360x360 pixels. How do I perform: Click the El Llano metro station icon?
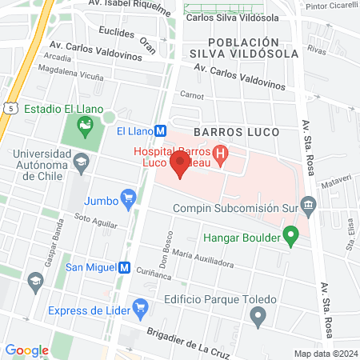(x=161, y=131)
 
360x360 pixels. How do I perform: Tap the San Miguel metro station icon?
(x=124, y=268)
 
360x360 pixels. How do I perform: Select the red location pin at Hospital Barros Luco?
(x=180, y=166)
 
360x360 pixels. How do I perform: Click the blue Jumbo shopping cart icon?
(x=127, y=197)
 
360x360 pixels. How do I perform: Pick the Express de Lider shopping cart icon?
(x=141, y=306)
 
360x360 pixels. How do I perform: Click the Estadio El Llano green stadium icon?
(x=84, y=124)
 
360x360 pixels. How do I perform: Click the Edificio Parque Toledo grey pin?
(x=258, y=318)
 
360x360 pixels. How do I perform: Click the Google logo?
(x=26, y=350)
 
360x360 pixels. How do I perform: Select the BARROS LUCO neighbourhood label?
(x=237, y=131)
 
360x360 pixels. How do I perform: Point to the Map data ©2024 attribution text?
(x=326, y=354)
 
